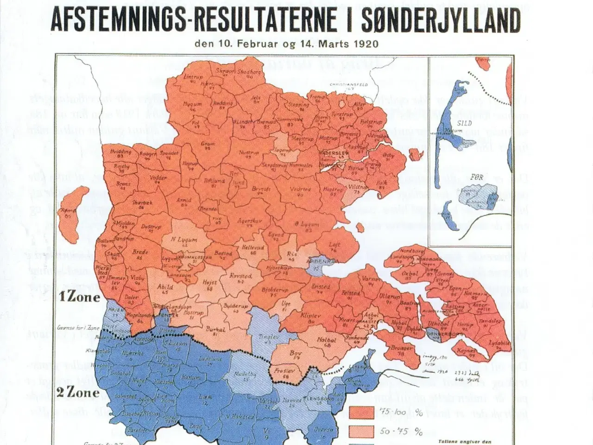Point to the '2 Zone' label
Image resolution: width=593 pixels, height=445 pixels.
coord(78,393)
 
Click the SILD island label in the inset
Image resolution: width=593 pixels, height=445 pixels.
coord(464,123)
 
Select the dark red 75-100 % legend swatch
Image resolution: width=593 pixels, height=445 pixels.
coord(361,412)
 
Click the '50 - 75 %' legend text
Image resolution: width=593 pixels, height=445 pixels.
coord(401,432)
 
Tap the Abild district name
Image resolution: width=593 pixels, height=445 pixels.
coord(165,286)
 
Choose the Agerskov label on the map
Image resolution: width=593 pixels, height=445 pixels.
coord(250,221)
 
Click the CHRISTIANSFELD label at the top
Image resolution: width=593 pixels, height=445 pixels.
coord(348,85)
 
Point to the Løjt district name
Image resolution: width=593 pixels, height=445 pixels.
coord(334,245)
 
